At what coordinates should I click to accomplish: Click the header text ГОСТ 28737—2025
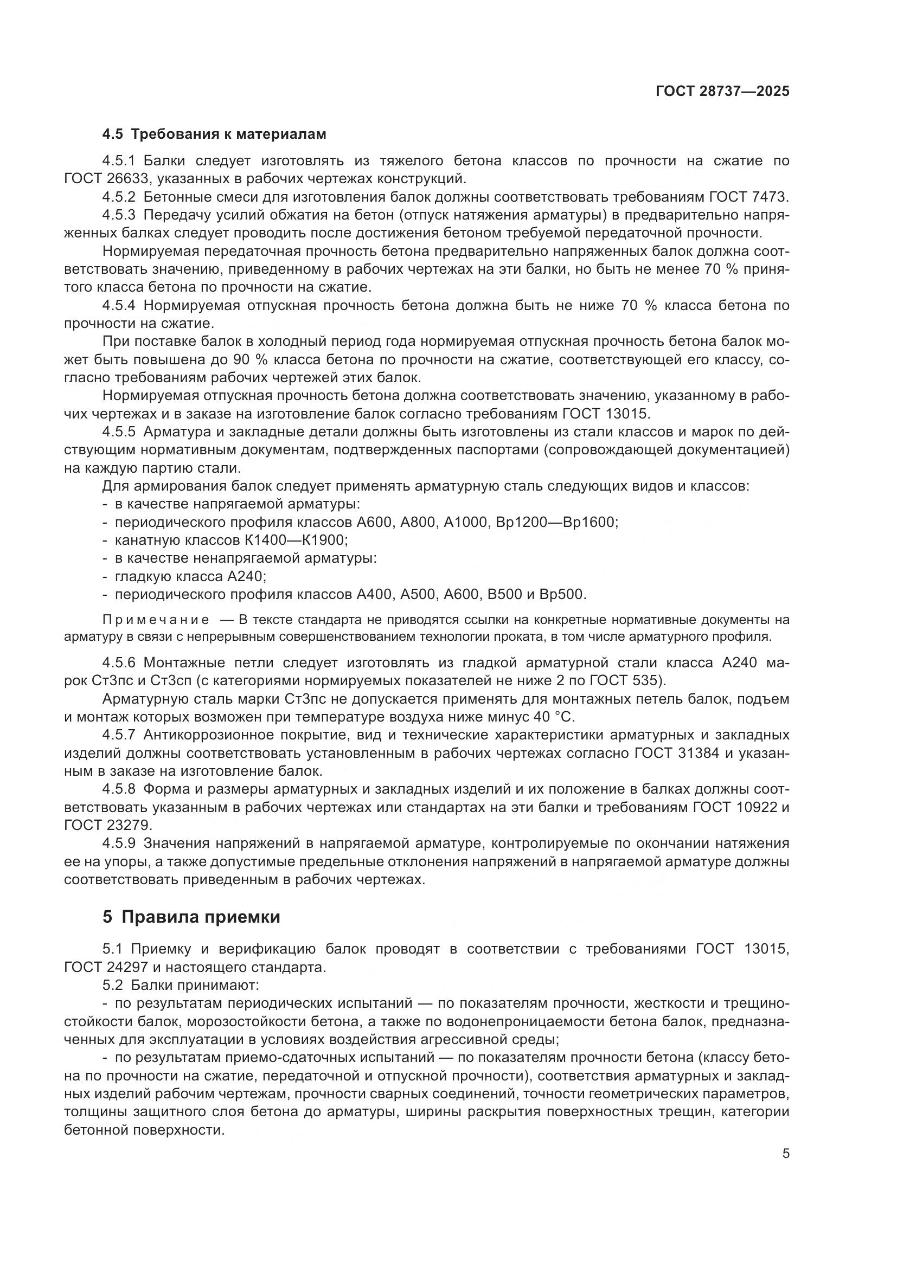coord(722,92)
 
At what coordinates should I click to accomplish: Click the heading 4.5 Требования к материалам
coord(214,134)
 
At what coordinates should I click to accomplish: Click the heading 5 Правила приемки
coord(191,917)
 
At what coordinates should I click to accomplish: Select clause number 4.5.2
coord(119,197)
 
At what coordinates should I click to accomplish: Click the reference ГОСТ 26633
coord(107,179)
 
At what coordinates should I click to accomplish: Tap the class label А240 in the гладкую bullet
coord(246,577)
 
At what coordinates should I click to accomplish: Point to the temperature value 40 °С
coord(554,717)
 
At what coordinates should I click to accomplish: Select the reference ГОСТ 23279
coord(107,825)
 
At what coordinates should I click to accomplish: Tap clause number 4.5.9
coord(119,844)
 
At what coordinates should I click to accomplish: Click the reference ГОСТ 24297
coord(107,968)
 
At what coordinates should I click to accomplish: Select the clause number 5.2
coord(114,985)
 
